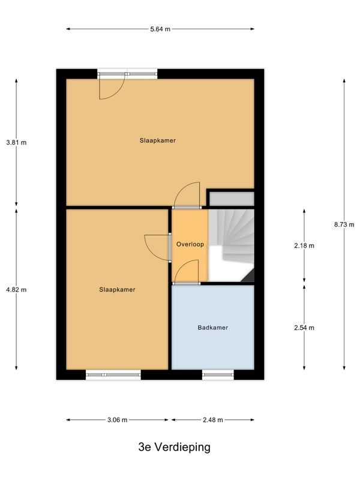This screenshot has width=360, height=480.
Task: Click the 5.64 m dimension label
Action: [160, 29]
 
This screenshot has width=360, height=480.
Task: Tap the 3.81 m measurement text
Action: [16, 142]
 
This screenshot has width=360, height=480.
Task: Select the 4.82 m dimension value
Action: [16, 290]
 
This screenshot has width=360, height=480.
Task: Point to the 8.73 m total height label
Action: [344, 224]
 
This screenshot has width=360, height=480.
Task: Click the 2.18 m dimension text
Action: [304, 245]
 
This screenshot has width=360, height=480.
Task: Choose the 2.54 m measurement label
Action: [304, 328]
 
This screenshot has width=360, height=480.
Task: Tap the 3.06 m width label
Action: [117, 419]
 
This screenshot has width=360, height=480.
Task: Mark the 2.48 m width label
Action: [213, 419]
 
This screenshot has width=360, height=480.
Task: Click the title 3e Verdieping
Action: [175, 447]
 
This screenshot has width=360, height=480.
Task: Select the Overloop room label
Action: [190, 244]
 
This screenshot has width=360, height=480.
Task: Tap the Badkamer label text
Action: [213, 328]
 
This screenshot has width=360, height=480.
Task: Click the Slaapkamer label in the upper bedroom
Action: [158, 140]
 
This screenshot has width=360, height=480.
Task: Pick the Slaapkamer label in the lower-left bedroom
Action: [117, 290]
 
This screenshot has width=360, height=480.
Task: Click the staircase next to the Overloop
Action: [232, 245]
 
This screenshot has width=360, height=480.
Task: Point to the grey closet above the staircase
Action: [232, 199]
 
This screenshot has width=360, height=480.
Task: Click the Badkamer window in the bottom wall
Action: [218, 374]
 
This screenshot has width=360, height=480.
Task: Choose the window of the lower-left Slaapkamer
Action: [113, 374]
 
